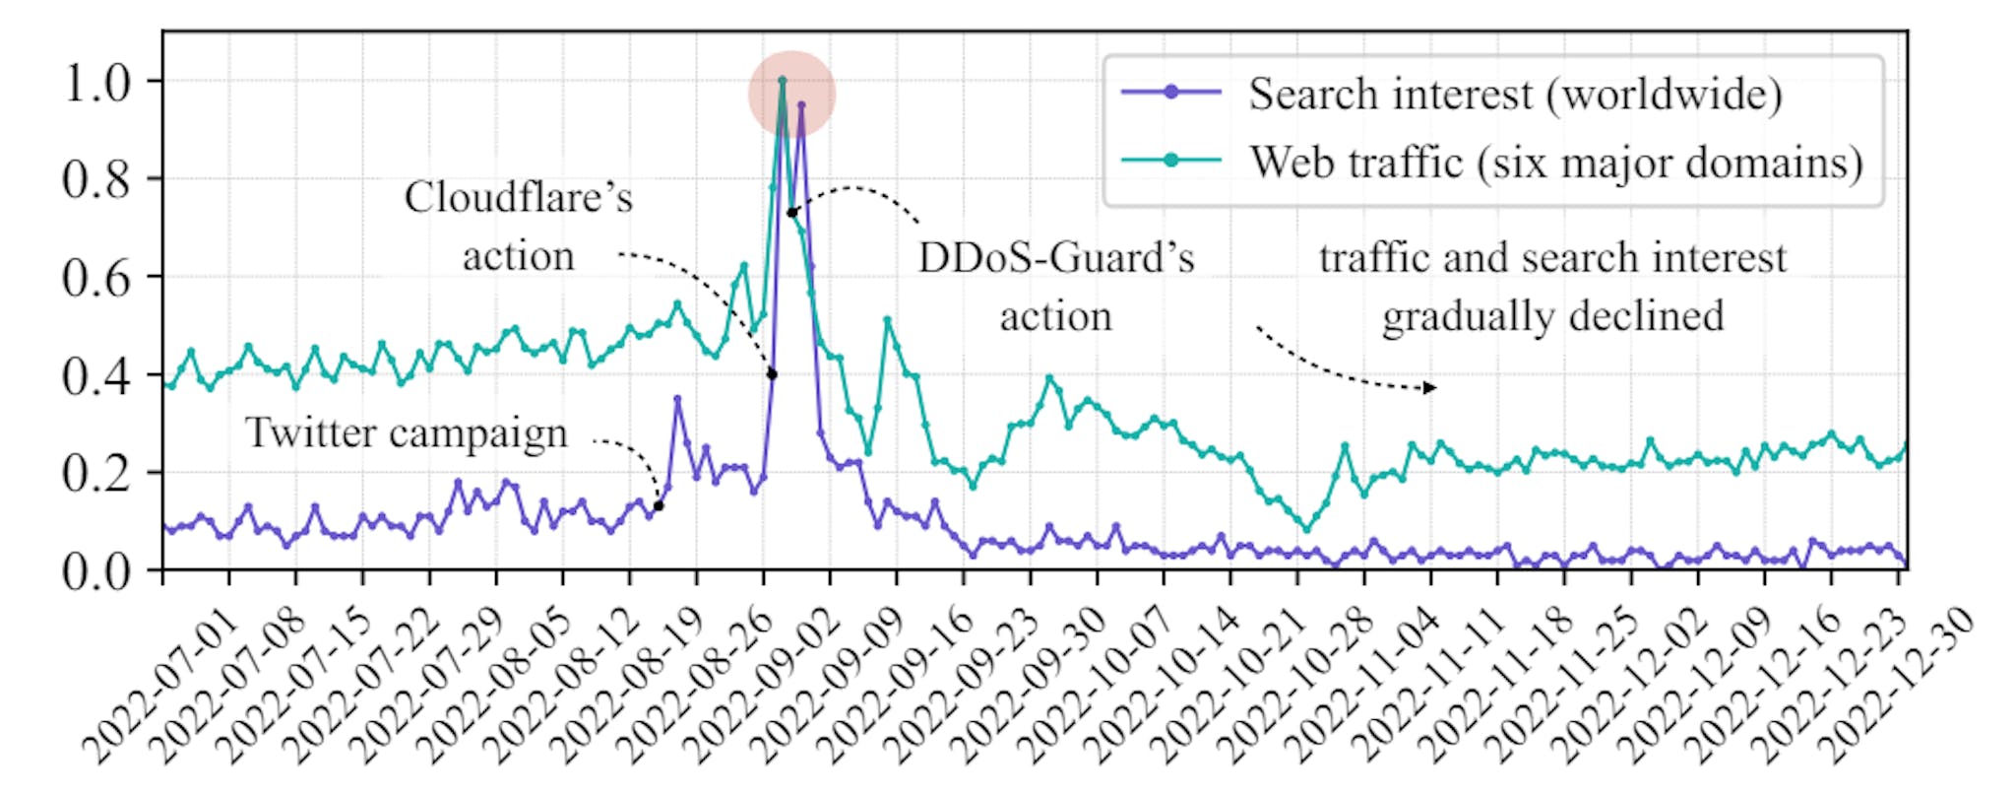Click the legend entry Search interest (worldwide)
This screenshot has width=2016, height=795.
point(1514,95)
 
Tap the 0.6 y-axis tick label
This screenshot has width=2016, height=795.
point(96,278)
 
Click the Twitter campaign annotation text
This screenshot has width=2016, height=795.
point(406,433)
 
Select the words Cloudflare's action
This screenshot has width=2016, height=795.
point(519,227)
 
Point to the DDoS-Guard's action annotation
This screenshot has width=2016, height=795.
point(1056,287)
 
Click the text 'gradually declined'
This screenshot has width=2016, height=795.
point(1552,317)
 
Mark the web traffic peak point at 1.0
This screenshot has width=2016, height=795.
point(782,81)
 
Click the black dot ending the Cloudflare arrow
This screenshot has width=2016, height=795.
point(772,374)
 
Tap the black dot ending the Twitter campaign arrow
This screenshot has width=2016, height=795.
point(659,506)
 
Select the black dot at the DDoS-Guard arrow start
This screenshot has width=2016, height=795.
point(791,213)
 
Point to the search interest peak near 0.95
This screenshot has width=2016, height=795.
point(801,104)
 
